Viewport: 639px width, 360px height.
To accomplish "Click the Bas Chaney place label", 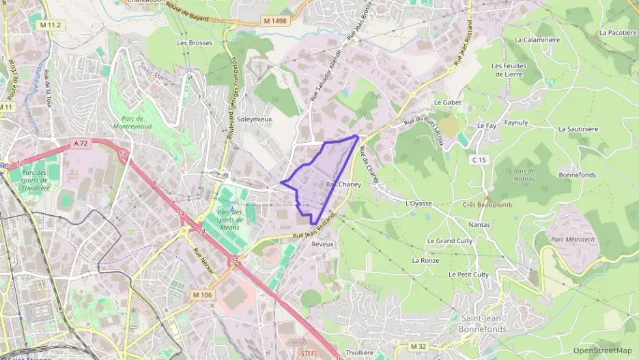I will click(343, 184).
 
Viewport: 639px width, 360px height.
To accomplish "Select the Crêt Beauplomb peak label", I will click(487, 204).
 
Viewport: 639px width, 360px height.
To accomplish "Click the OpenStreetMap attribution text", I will click(602, 350).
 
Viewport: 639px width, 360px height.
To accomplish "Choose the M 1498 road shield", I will click(274, 21).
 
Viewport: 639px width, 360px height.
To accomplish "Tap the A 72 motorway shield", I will click(81, 143).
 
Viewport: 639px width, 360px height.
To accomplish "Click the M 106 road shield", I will click(201, 294).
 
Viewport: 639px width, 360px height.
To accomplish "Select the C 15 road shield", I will click(479, 160).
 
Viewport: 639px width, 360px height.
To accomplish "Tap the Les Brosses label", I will click(195, 42).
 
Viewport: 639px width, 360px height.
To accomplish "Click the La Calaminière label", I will click(537, 40).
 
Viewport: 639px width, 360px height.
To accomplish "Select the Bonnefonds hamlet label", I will click(577, 175).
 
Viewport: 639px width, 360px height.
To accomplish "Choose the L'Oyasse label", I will click(419, 203).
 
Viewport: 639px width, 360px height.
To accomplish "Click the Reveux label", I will click(322, 243).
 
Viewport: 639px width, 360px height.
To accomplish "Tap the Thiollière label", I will click(360, 352).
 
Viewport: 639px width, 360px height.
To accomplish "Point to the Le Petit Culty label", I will click(468, 274).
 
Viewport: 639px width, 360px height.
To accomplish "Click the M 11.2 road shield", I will click(50, 25).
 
